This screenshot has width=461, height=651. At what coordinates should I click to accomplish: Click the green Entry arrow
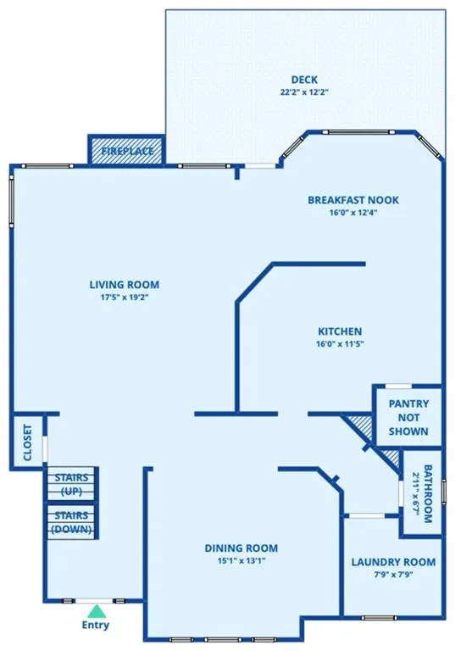[x=97, y=611]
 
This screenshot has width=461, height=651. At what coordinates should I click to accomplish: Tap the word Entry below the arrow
[x=96, y=626]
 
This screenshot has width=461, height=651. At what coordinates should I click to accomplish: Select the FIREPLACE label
[x=127, y=151]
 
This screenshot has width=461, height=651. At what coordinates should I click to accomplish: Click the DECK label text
[x=304, y=80]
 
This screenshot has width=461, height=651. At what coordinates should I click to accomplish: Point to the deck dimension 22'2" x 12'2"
[x=304, y=92]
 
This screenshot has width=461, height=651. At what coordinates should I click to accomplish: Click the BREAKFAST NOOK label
[x=353, y=200]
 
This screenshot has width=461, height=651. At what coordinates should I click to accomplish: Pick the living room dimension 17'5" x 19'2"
[x=125, y=298]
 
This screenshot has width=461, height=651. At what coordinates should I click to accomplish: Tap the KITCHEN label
[x=340, y=331]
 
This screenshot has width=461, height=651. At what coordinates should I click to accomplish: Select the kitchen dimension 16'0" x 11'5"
[x=340, y=344]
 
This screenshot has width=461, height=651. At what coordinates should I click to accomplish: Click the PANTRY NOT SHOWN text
[x=408, y=417]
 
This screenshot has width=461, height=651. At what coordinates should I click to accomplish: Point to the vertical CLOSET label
[x=27, y=442]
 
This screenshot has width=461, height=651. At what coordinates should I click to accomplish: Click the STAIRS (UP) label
[x=71, y=485]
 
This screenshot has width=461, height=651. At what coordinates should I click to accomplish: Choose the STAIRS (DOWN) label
[x=71, y=522]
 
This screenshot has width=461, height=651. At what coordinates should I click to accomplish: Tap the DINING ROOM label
[x=241, y=548]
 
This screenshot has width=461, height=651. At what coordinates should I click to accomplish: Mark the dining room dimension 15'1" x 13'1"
[x=241, y=561]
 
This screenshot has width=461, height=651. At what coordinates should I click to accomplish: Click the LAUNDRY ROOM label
[x=393, y=562]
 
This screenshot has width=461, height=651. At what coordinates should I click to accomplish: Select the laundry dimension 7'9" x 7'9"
[x=393, y=575]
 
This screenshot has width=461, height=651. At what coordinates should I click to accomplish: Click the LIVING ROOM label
[x=125, y=285]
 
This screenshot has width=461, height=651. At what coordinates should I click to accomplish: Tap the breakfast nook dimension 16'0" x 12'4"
[x=353, y=213]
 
